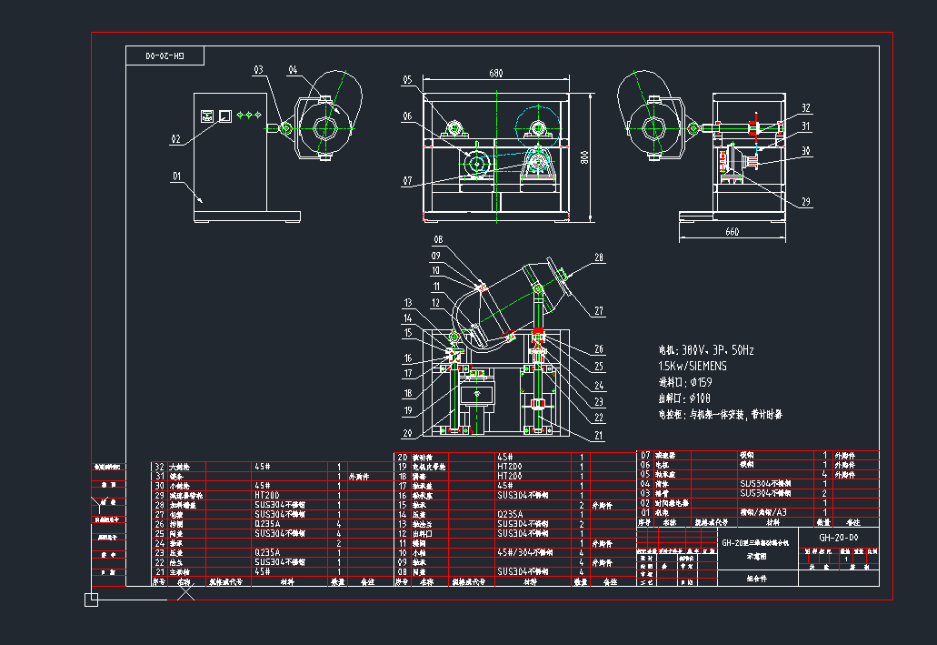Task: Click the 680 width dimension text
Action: (x=496, y=73)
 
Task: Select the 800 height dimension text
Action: (x=585, y=156)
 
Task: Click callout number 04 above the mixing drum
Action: (x=293, y=69)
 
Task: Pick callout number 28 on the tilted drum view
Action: (x=598, y=257)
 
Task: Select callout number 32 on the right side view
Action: (x=805, y=108)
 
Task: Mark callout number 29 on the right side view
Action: (x=805, y=202)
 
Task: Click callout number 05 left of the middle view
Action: (x=409, y=80)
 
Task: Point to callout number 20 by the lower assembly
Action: (x=407, y=433)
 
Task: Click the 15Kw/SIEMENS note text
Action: (x=692, y=366)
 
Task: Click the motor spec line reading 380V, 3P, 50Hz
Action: (x=706, y=350)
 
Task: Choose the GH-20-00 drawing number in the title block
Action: (x=838, y=537)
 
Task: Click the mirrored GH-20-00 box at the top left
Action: (x=164, y=56)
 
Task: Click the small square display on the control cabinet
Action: (x=224, y=116)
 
